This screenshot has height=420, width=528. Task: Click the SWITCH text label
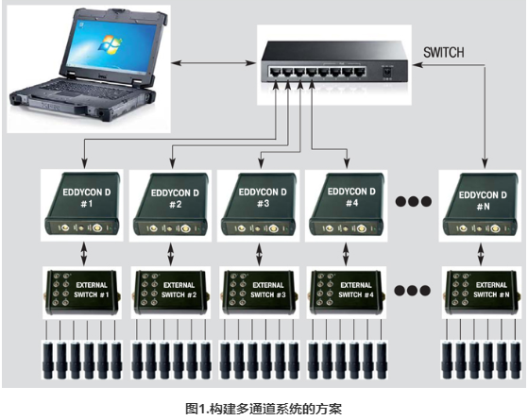click(x=444, y=53)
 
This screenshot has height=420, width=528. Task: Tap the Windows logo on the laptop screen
click(x=110, y=44)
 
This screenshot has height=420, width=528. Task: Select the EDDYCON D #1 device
click(x=82, y=204)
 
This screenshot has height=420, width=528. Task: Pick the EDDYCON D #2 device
click(x=170, y=204)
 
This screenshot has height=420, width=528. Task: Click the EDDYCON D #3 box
click(x=258, y=204)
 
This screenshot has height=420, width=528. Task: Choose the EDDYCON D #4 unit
click(x=347, y=204)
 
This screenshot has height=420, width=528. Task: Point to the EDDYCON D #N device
click(x=480, y=204)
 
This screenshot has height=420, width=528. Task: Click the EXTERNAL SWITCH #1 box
click(x=82, y=293)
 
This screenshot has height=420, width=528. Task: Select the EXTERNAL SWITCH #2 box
click(x=171, y=293)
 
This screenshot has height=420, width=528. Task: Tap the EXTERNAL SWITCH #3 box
click(x=259, y=293)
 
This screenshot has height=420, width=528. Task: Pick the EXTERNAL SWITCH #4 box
click(x=347, y=293)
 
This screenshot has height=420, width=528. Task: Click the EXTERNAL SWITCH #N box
click(x=481, y=293)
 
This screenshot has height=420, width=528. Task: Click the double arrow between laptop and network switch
click(x=213, y=63)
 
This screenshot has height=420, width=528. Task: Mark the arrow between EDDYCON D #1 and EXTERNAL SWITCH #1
click(x=84, y=254)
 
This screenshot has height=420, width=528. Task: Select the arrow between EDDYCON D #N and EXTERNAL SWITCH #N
click(x=481, y=254)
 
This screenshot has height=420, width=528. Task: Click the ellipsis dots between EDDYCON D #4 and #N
click(x=413, y=201)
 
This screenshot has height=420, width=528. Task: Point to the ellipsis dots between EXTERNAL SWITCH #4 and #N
click(x=413, y=290)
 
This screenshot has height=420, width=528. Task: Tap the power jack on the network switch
click(x=387, y=73)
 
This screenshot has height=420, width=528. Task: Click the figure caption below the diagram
click(x=264, y=409)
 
